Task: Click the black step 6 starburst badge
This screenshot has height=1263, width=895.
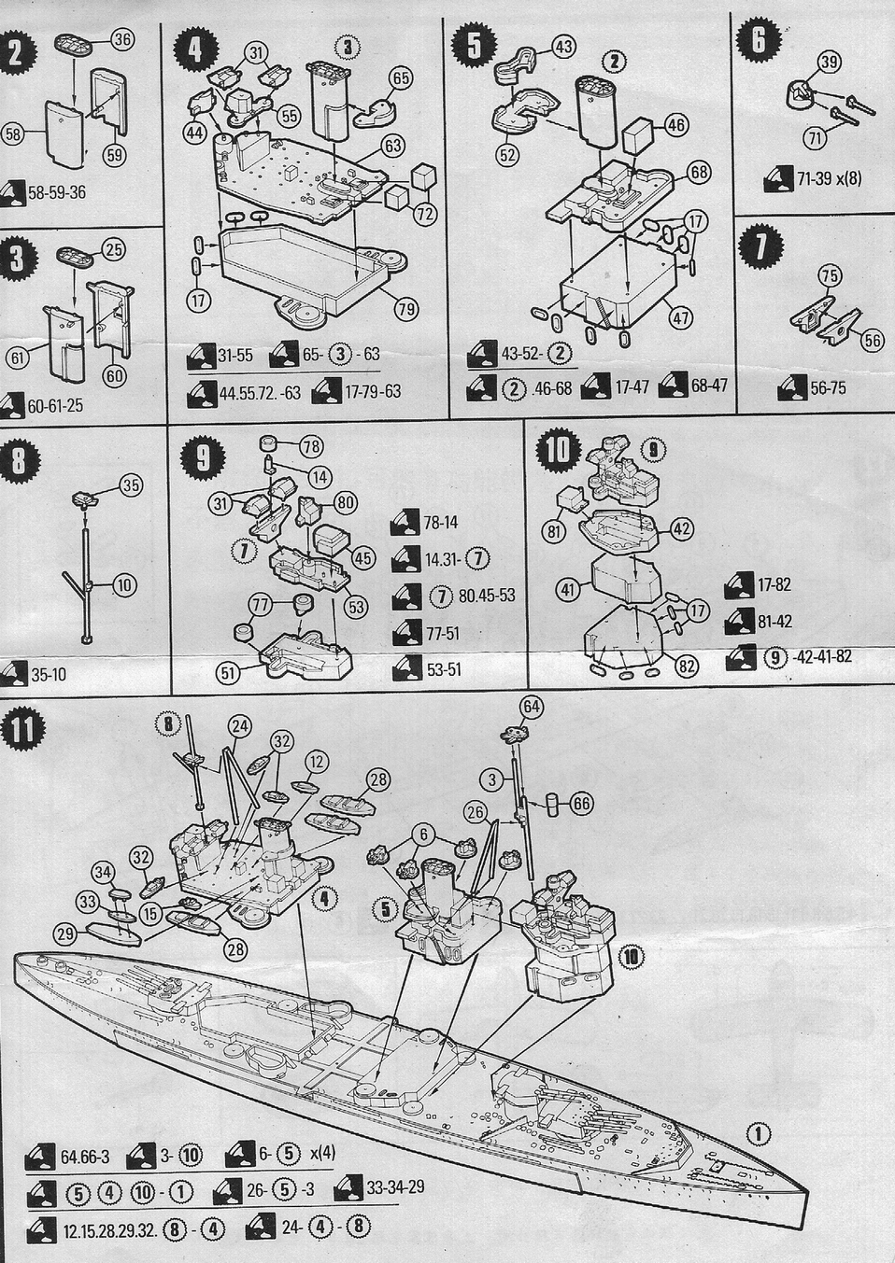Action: tap(760, 40)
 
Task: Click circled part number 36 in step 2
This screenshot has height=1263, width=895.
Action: tap(123, 39)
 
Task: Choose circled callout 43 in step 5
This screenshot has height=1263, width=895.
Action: tap(563, 47)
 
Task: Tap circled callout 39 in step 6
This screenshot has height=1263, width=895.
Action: tap(829, 62)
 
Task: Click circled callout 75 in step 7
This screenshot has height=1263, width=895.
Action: tap(830, 276)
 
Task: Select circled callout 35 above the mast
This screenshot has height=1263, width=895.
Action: tap(131, 486)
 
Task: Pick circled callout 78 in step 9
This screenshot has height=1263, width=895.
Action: tap(310, 446)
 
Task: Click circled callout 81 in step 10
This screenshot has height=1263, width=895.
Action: tap(554, 531)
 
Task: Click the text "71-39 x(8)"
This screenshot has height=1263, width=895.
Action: tap(830, 179)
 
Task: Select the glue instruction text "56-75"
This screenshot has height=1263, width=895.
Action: tap(828, 388)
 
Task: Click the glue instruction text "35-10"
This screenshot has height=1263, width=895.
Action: tap(49, 675)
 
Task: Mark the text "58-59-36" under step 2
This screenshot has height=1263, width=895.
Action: tap(56, 192)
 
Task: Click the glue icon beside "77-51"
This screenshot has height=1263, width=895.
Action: tap(405, 633)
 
